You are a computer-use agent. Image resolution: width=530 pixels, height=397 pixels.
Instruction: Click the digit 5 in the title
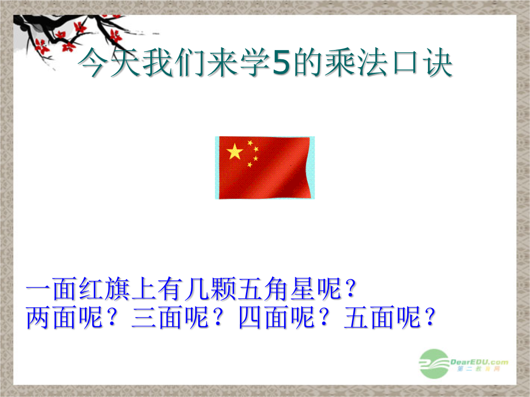(281, 62)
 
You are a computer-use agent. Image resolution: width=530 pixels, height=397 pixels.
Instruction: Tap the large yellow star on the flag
(235, 151)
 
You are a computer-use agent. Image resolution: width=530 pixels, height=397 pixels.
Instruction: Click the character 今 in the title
(92, 62)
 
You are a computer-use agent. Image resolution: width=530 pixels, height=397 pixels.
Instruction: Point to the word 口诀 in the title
(423, 62)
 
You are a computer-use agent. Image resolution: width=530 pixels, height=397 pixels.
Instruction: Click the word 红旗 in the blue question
(105, 289)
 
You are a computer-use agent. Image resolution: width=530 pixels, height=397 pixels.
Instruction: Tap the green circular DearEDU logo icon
(434, 364)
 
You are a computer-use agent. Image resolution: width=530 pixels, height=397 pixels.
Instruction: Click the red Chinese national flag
(265, 168)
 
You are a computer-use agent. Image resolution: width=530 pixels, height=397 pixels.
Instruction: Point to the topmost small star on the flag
(250, 143)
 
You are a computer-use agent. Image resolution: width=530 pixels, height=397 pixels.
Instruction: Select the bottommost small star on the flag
(250, 165)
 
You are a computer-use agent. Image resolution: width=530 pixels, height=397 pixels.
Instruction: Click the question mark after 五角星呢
(351, 289)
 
